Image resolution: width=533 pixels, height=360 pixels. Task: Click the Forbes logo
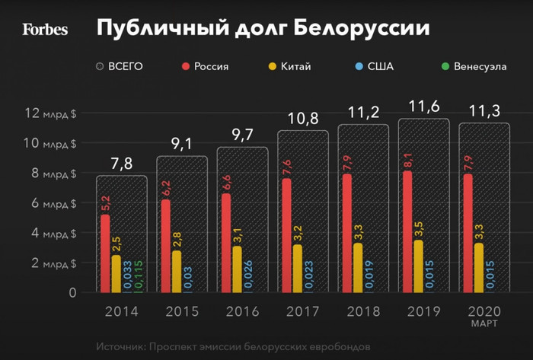(45, 30)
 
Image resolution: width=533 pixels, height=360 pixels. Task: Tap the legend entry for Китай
(290, 66)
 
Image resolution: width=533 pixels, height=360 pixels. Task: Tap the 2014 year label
(120, 311)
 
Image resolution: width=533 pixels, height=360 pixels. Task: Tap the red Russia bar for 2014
(105, 253)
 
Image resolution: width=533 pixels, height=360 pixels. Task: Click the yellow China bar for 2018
(358, 267)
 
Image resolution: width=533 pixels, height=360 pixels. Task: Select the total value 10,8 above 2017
(302, 119)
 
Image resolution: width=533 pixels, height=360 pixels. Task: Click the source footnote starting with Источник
(233, 346)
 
